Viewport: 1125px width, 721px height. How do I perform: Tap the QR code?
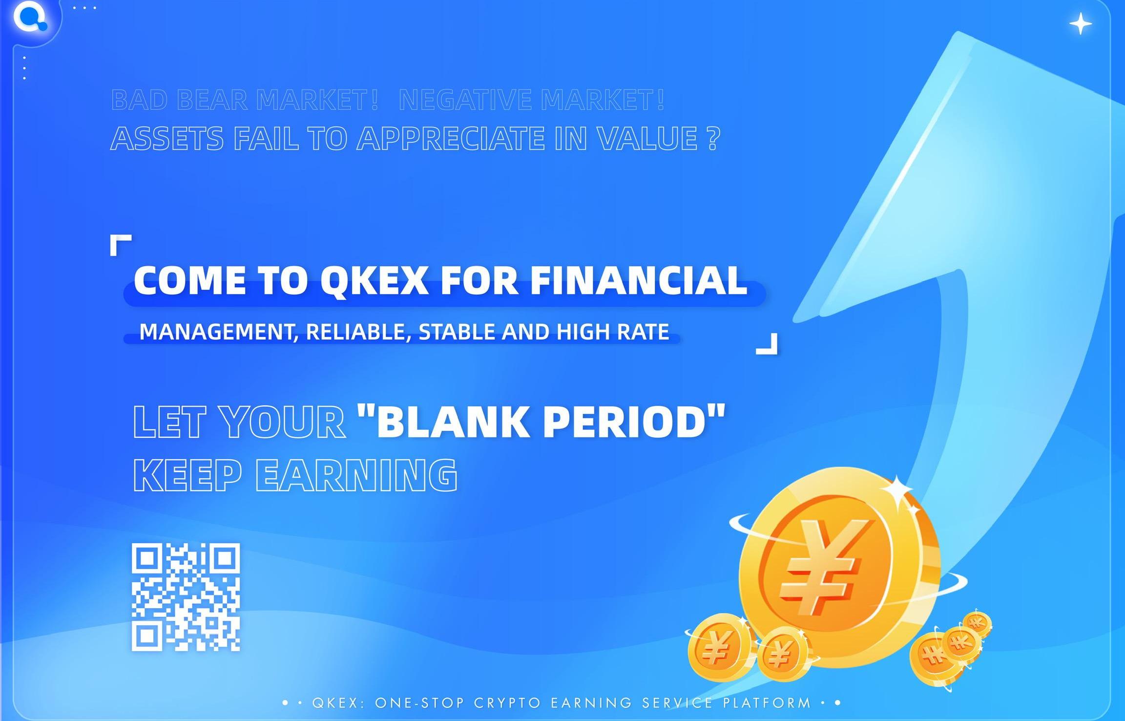[x=186, y=597]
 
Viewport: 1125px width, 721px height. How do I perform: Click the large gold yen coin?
[x=839, y=567]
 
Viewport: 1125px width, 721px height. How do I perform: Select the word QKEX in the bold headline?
[x=374, y=281]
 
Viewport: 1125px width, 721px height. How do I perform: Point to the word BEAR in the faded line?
[x=212, y=100]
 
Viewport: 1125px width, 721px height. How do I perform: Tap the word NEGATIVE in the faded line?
[x=465, y=100]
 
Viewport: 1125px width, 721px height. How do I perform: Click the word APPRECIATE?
[x=451, y=138]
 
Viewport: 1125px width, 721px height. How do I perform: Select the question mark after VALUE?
[x=713, y=138]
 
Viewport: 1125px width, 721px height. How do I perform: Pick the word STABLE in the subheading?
[x=457, y=332]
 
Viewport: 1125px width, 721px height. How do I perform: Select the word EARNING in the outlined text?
[x=356, y=475]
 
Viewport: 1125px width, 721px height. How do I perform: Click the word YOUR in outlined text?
[x=282, y=421]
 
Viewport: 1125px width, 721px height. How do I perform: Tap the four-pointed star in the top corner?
[x=1081, y=24]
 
